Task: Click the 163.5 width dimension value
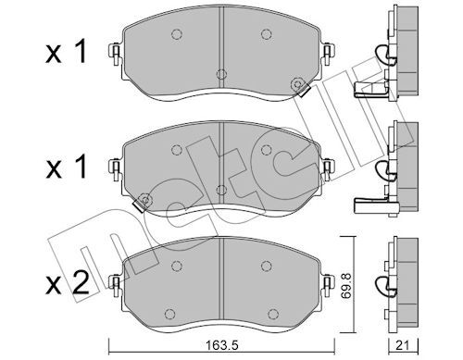click(221, 345)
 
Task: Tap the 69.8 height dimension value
click(347, 285)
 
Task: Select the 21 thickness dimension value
click(403, 345)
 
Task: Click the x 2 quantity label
click(68, 282)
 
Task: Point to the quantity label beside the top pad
click(66, 52)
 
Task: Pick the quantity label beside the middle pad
click(66, 167)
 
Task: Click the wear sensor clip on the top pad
click(300, 87)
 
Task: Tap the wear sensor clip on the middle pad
click(143, 203)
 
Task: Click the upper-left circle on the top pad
click(176, 34)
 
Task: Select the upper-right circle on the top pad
click(266, 34)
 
